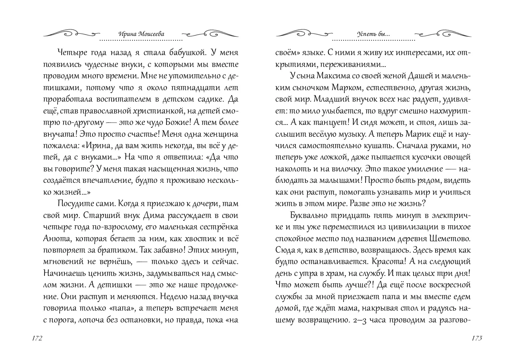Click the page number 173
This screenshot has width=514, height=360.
tap(476, 338)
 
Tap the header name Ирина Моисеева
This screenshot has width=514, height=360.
tap(141, 34)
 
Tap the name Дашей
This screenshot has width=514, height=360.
tap(405, 76)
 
